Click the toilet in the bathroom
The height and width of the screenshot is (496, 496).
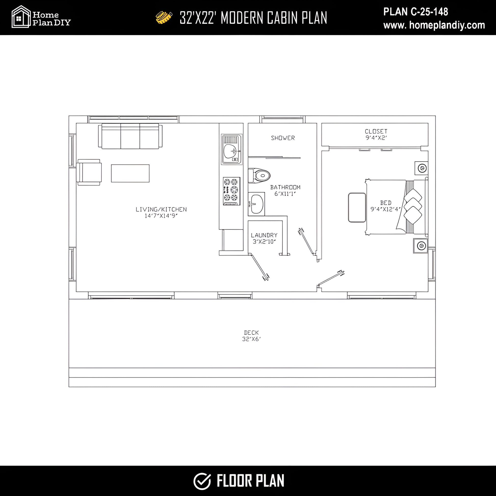[x=259, y=176]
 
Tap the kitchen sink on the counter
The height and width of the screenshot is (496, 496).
[x=231, y=149]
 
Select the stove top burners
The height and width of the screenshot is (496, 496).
[x=232, y=191]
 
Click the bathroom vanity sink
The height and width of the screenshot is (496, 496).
[x=256, y=204]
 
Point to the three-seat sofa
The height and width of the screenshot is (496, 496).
[x=130, y=136]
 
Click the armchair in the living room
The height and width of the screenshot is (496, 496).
[x=89, y=172]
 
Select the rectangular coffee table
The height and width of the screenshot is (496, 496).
[x=130, y=173]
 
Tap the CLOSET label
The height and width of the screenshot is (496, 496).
[x=376, y=132]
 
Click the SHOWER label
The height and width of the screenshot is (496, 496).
[x=283, y=138]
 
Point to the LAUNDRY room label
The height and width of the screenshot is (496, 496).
[x=264, y=235]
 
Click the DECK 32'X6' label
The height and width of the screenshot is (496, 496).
[x=251, y=336]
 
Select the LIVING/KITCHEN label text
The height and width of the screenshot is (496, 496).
[x=161, y=210]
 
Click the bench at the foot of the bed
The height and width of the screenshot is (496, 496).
[x=357, y=207]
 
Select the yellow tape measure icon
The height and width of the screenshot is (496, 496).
[x=164, y=17]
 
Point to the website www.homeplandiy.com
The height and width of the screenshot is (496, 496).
[x=434, y=25]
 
